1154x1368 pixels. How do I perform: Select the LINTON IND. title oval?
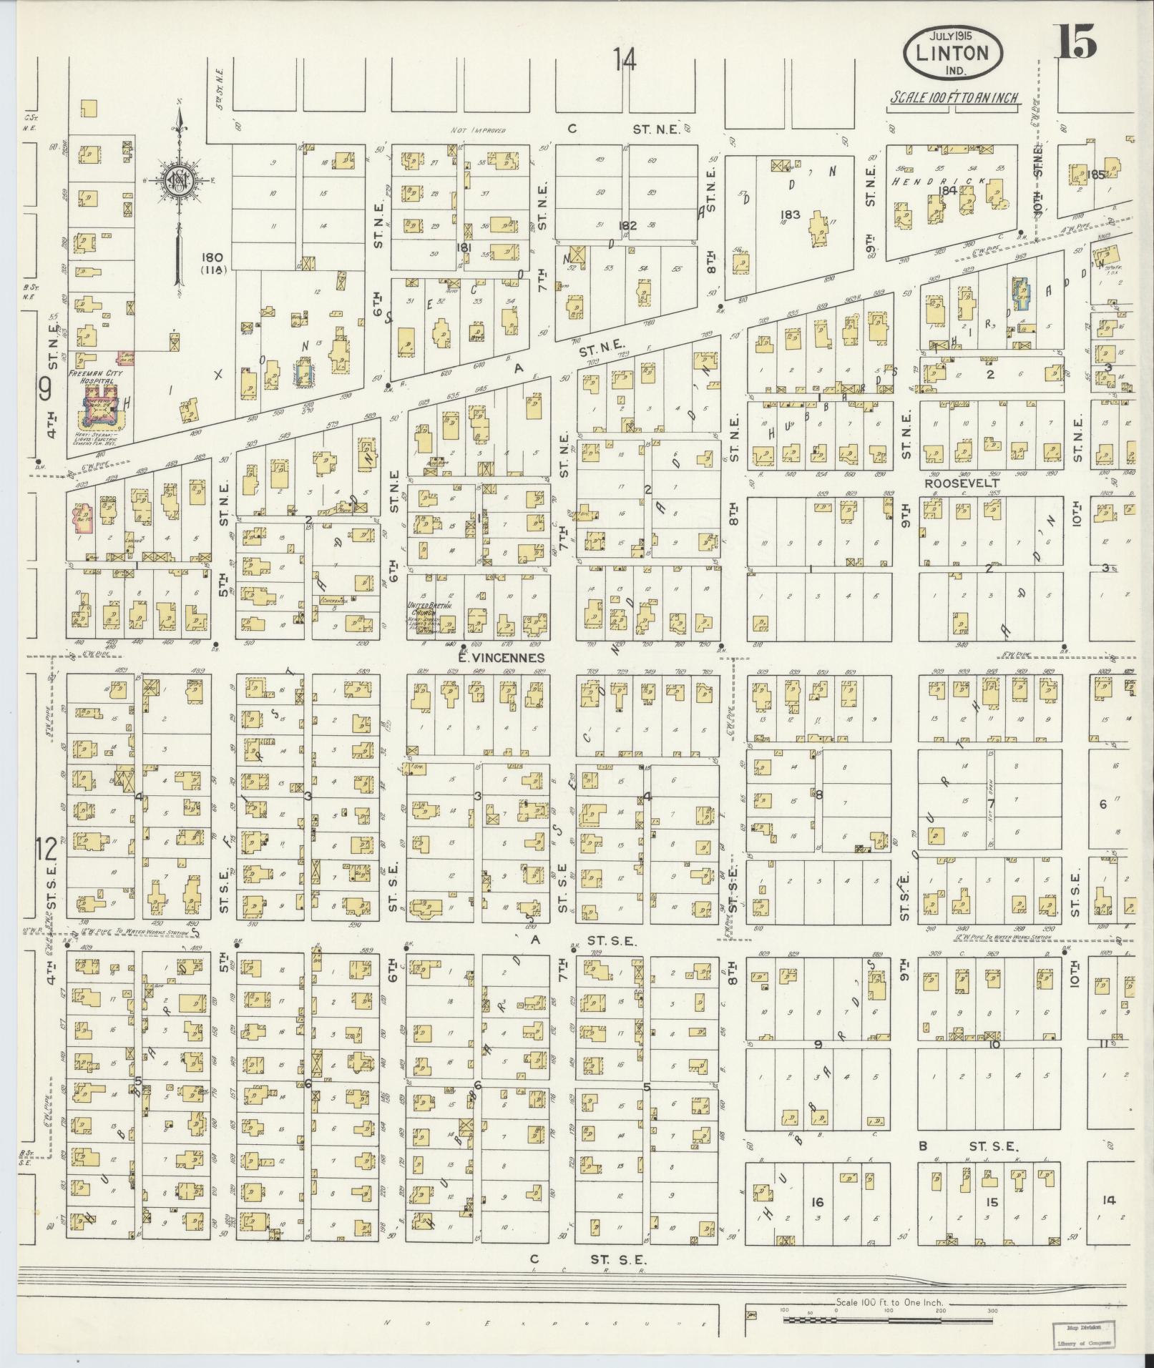952,54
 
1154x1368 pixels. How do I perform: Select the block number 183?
791,215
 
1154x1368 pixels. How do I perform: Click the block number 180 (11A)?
212,262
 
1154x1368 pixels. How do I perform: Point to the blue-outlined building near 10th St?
1021,294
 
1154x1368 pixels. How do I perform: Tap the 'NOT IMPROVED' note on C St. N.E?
478,131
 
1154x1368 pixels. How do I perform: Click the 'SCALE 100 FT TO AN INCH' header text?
954,98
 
